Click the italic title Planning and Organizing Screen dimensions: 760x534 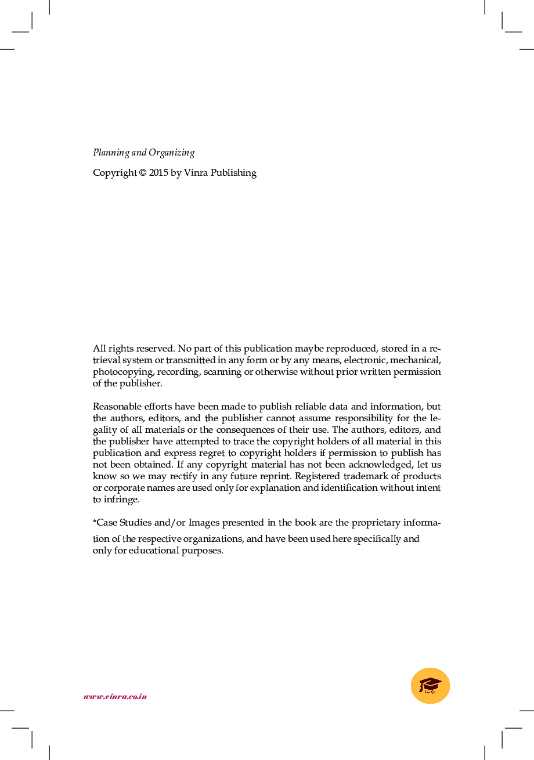click(x=143, y=153)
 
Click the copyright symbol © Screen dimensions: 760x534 click(x=142, y=173)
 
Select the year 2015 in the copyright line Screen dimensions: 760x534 click(x=158, y=173)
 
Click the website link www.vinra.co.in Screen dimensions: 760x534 click(x=115, y=696)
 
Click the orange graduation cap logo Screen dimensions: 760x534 click(x=430, y=686)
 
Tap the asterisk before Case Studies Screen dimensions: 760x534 click(x=95, y=522)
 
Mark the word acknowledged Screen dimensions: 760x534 click(x=381, y=465)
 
